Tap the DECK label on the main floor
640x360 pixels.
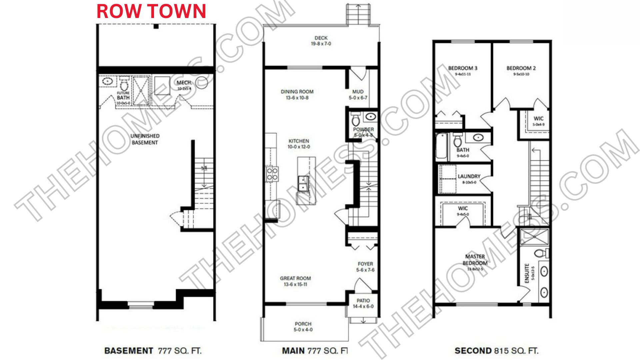(x=321, y=38)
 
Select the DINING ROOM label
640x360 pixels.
(x=297, y=92)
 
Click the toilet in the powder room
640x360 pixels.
(x=356, y=119)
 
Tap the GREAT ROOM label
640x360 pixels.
(x=295, y=278)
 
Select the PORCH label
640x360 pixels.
(x=303, y=324)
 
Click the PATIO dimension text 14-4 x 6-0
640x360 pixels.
(x=363, y=306)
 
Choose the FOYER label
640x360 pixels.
(x=365, y=264)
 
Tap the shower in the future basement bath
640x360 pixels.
(x=141, y=91)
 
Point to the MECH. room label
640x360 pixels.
(x=184, y=82)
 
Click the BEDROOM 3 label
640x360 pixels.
(x=463, y=68)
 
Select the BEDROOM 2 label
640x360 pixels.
(x=521, y=68)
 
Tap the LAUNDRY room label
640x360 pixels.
(x=469, y=176)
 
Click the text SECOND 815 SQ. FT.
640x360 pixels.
(x=496, y=351)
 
